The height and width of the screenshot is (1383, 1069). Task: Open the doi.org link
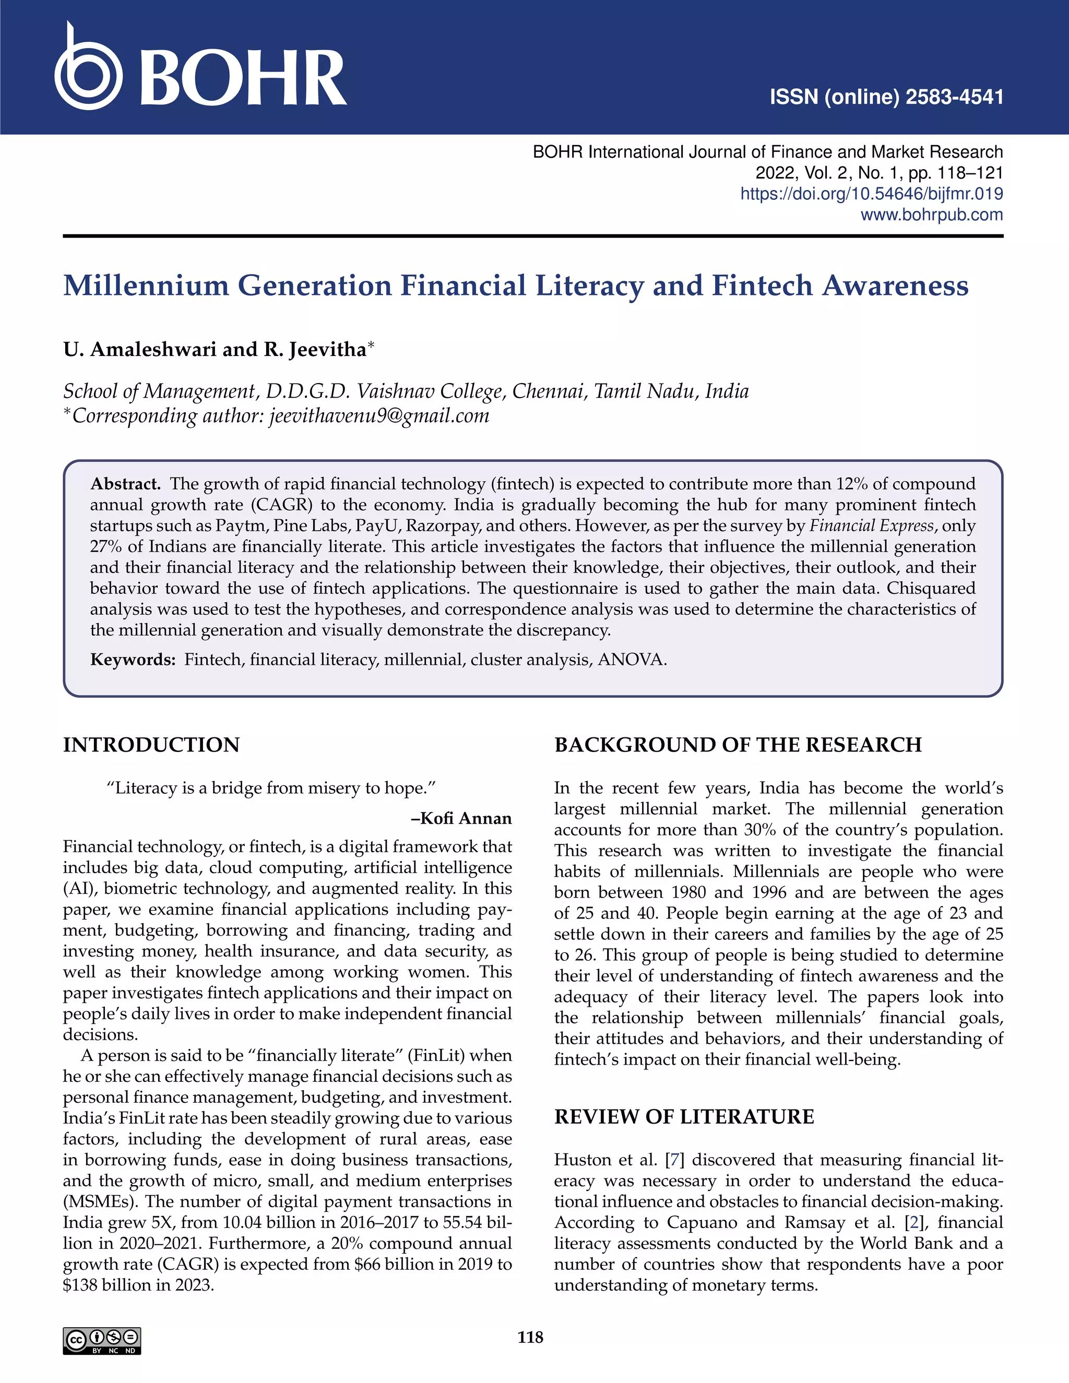coord(871,194)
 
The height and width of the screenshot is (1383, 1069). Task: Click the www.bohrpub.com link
coord(931,214)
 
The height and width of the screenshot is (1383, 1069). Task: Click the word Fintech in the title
coord(762,285)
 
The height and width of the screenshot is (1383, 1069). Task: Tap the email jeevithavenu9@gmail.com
coord(379,416)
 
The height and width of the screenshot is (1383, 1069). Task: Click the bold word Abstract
coord(125,484)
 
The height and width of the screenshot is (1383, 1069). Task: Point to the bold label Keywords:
coord(133,660)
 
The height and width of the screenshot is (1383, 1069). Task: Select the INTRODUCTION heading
coord(151,745)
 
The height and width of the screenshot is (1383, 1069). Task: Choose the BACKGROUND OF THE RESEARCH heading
coord(738,745)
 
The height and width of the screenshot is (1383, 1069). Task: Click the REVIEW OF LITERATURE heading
coord(684,1116)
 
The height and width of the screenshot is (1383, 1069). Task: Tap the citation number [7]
coord(674,1160)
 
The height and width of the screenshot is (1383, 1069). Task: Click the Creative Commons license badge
coord(102,1341)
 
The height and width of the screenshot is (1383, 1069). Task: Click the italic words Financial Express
coord(871,526)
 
